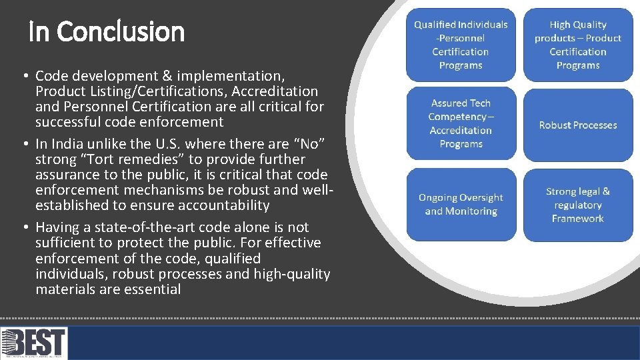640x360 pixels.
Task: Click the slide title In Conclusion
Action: pos(107,31)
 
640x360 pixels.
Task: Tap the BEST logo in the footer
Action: pos(34,343)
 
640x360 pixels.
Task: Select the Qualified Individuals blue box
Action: pos(461,45)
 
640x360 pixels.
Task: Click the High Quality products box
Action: pos(578,45)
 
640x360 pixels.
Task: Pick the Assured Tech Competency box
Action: pos(461,123)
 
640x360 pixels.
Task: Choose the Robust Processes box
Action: pos(578,125)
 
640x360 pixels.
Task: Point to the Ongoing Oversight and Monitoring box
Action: pos(461,204)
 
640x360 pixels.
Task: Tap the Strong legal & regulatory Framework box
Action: pos(578,205)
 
